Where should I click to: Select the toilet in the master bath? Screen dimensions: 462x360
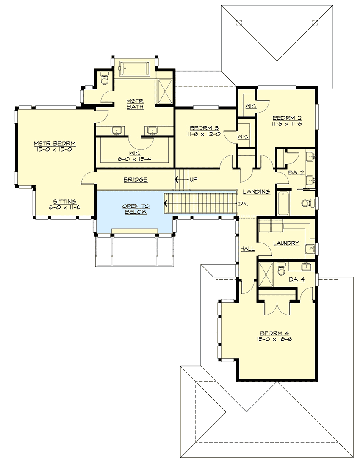point(105,79)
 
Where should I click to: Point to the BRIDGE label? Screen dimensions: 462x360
point(136,180)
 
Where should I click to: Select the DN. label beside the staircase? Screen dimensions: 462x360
point(243,203)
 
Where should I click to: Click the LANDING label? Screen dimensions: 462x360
point(257,191)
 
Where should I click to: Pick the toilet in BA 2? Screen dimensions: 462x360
point(307,204)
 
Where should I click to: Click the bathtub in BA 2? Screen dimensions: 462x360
point(283,204)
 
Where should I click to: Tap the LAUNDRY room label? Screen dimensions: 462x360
point(286,243)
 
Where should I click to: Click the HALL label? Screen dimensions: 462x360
point(248,249)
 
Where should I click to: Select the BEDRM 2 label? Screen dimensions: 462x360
point(287,118)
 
